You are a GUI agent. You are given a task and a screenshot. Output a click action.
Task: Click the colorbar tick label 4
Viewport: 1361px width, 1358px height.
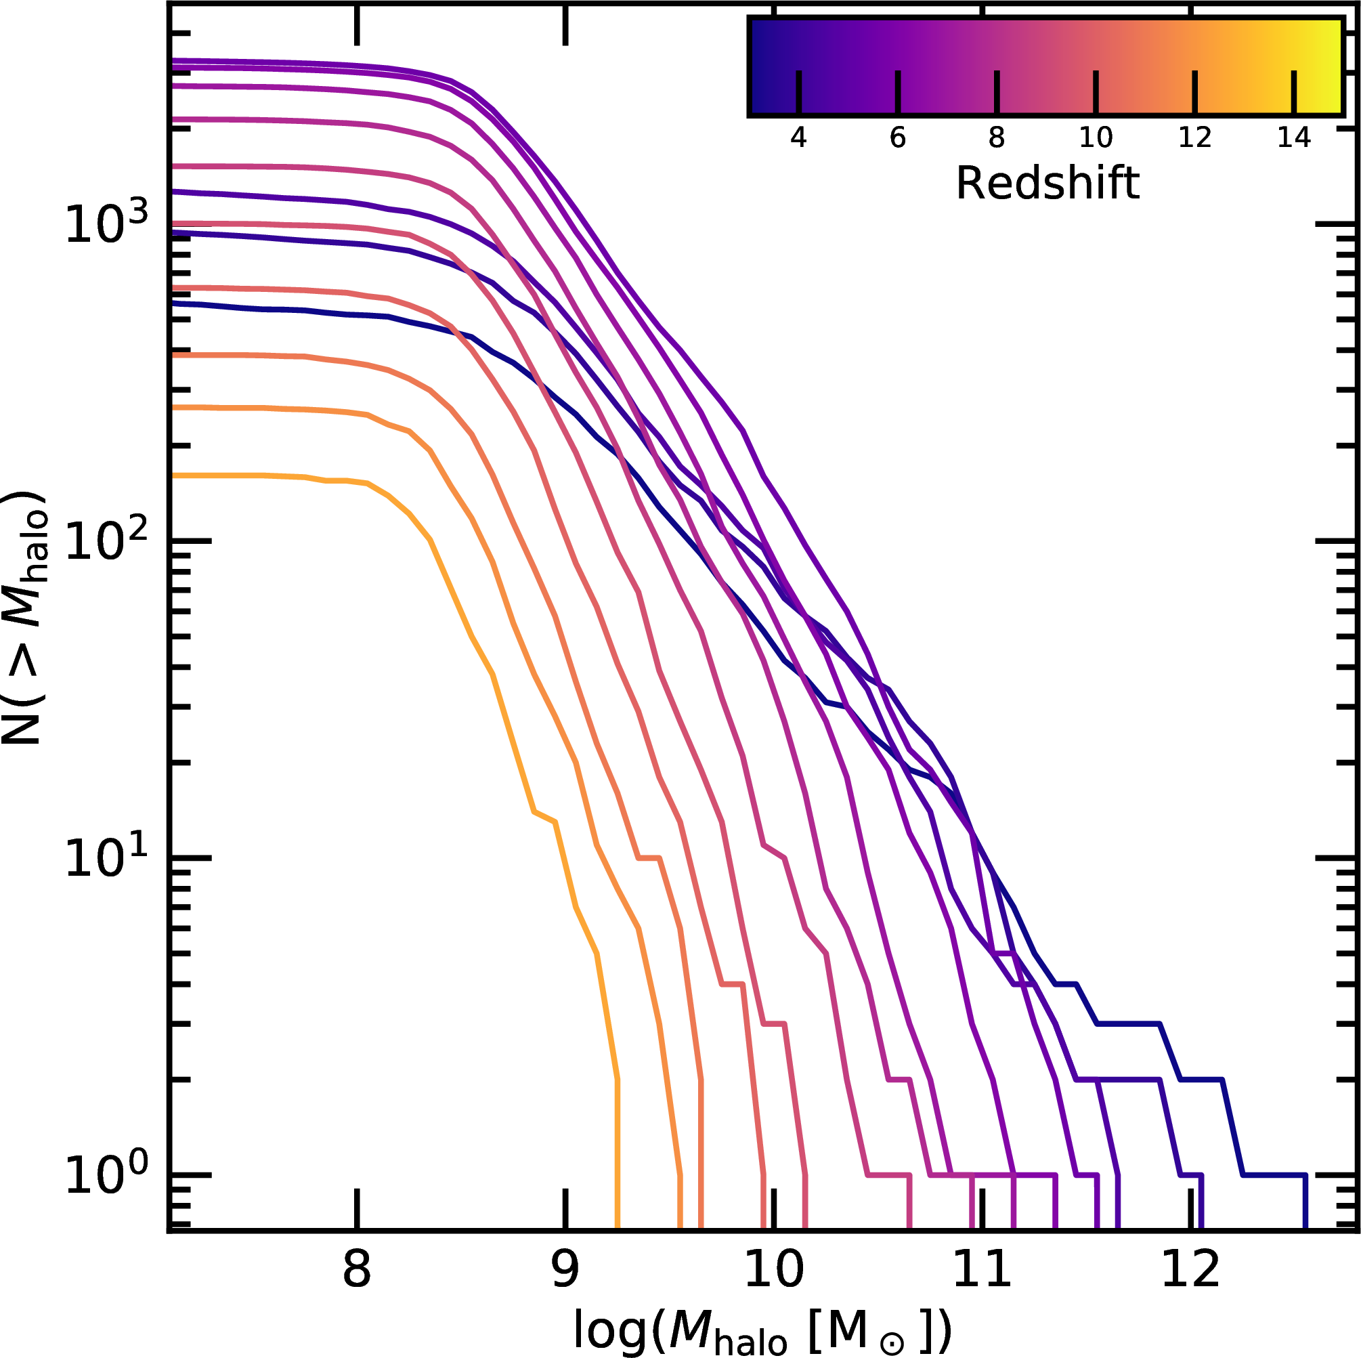click(798, 138)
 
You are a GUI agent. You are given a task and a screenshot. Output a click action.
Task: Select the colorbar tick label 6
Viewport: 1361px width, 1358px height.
click(897, 138)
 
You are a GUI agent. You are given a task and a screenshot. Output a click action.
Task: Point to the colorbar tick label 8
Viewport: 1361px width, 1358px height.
click(996, 138)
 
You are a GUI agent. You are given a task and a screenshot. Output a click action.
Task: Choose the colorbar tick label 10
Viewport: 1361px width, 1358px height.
click(1096, 138)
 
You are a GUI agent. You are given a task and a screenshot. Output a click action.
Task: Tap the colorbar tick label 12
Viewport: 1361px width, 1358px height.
click(1194, 138)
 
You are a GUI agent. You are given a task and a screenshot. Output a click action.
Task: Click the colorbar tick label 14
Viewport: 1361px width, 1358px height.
click(1294, 138)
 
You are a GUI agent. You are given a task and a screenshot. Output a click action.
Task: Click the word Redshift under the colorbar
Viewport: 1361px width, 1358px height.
click(1047, 184)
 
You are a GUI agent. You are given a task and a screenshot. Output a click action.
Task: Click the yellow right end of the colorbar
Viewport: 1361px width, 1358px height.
click(1328, 66)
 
